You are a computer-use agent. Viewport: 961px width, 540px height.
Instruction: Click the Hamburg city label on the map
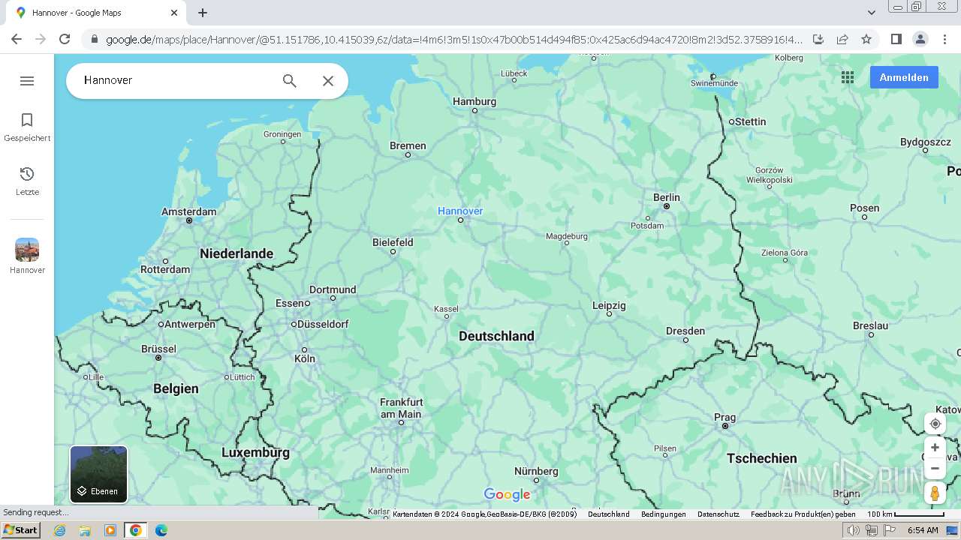tap(474, 101)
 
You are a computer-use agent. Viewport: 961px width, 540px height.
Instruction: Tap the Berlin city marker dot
tap(666, 206)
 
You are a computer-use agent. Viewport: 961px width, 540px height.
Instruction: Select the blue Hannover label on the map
tap(460, 211)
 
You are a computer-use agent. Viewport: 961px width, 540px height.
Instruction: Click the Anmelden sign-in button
tap(903, 77)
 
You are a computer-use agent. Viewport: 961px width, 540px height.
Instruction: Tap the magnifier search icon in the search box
tap(289, 81)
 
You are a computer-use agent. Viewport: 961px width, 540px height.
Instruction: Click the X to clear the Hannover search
tap(328, 81)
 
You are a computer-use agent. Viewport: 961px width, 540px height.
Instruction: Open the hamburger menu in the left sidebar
tap(27, 81)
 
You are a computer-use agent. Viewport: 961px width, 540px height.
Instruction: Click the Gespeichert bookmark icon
tap(27, 120)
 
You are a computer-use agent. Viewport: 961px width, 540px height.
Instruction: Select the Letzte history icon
tap(27, 174)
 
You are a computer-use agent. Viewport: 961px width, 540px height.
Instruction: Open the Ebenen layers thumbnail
tap(98, 474)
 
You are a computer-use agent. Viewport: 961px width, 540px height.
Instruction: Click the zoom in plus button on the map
tap(935, 448)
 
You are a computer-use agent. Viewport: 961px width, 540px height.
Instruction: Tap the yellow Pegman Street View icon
tap(935, 493)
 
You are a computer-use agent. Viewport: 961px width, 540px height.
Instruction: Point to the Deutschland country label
tap(496, 336)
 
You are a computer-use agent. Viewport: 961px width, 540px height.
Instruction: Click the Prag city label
tap(725, 417)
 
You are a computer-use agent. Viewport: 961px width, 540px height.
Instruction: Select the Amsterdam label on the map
tap(188, 211)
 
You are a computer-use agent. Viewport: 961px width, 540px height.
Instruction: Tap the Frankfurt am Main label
tap(401, 408)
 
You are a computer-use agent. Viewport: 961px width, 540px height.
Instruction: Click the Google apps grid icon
tap(848, 77)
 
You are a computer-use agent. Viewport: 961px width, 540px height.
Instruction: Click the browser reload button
tap(65, 39)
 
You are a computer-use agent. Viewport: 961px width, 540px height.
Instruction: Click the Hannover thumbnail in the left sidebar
tap(27, 250)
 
